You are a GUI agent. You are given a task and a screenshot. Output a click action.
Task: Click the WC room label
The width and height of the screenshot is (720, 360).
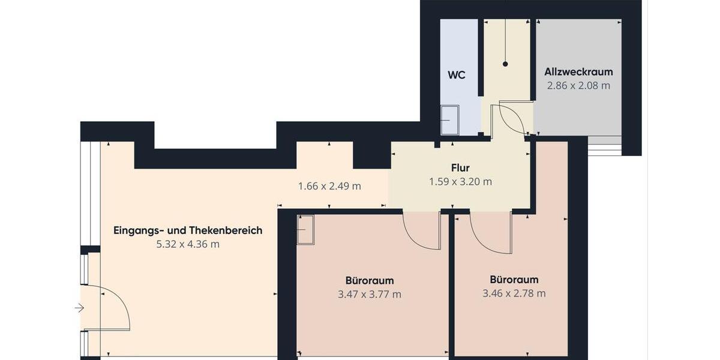coord(457,76)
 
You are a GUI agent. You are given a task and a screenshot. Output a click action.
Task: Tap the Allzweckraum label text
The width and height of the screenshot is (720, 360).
coord(578,72)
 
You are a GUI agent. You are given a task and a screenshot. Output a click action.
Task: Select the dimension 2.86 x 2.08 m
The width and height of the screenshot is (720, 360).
coord(578,86)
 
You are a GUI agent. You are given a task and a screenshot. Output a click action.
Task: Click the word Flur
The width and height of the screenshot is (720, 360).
coord(460,168)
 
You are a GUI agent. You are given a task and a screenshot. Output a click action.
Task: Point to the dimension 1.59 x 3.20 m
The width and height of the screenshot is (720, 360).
coord(460,181)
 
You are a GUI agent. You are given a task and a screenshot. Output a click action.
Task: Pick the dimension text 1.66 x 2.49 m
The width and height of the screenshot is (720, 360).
coord(329,186)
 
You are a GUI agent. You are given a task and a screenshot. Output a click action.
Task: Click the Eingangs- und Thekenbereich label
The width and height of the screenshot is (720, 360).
coord(188,230)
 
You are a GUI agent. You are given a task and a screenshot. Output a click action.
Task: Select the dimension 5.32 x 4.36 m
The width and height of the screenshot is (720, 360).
coord(188,244)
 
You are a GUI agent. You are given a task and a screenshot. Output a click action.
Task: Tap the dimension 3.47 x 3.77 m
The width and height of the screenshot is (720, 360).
coord(370,294)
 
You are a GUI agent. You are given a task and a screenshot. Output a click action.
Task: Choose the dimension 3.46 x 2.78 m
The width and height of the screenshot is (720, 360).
coord(514,293)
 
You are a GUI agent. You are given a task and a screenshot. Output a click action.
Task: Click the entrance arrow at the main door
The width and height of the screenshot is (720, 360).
coord(79,308)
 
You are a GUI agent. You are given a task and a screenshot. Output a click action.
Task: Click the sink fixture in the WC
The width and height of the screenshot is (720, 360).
coord(449,120)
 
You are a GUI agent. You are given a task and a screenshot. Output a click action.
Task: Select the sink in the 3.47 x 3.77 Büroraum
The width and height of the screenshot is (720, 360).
coord(305,229)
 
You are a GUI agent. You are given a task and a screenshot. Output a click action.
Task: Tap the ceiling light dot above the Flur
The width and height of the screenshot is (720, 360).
coord(505,64)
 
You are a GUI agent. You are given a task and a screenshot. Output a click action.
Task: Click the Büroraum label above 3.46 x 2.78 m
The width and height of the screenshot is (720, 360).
coord(514,280)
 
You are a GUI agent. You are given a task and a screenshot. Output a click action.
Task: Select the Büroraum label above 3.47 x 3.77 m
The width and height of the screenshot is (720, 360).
coord(370,280)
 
